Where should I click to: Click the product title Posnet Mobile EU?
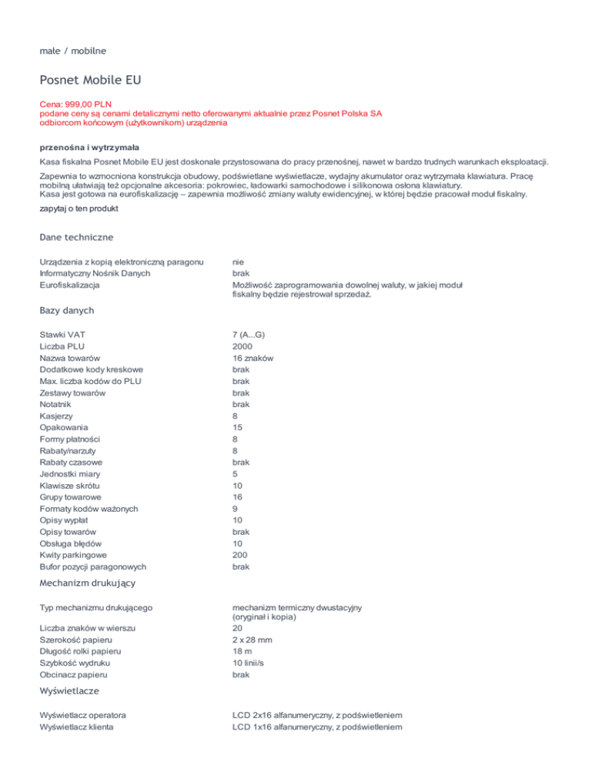[90, 80]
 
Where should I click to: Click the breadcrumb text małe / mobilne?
[73, 51]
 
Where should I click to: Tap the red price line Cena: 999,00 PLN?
[82, 102]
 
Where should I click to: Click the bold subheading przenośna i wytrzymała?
[89, 146]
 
